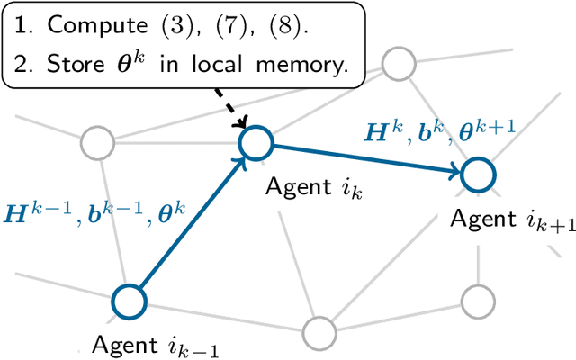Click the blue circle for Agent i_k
[255, 141]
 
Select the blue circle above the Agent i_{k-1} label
[128, 301]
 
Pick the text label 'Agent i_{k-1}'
[155, 344]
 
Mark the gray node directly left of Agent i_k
[96, 141]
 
